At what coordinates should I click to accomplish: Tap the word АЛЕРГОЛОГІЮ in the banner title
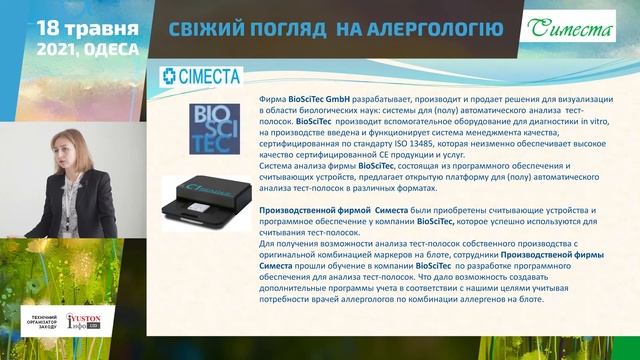431,28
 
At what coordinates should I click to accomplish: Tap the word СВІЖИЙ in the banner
205,28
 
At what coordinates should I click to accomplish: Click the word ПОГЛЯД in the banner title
290,28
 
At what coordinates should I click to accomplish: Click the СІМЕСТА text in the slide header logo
210,76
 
